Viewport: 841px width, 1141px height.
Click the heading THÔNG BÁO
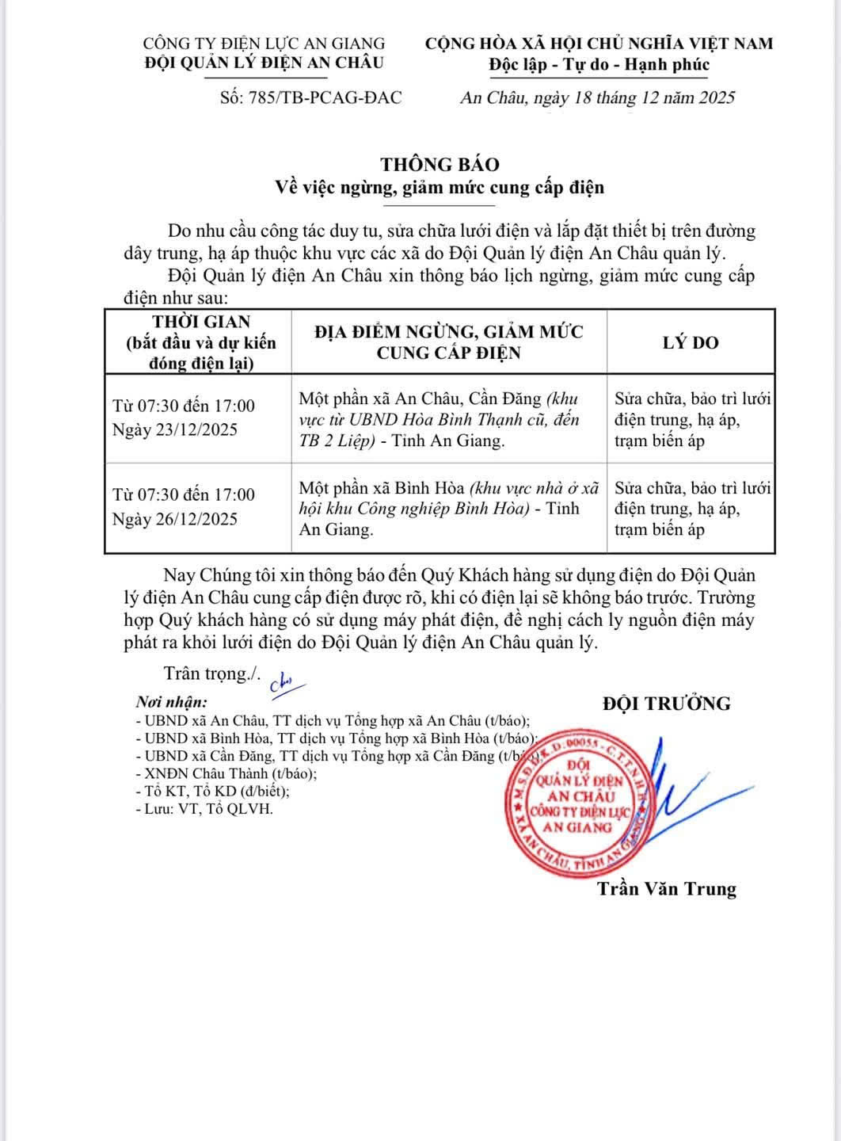point(440,164)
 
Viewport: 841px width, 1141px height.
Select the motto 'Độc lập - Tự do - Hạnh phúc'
point(599,65)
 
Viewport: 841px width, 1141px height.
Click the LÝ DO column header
point(690,342)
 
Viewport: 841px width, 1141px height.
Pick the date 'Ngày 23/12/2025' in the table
point(174,430)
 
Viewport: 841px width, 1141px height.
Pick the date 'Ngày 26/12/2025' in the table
point(174,519)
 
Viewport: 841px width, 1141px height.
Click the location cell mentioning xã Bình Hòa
point(448,509)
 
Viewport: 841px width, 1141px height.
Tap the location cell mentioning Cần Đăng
point(448,419)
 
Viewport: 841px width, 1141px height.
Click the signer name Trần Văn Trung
point(667,888)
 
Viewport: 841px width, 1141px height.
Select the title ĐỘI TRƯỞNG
point(666,703)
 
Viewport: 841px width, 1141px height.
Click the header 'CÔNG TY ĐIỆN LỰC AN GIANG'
point(264,44)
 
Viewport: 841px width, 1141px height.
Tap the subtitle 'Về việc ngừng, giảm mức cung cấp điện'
point(440,187)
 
